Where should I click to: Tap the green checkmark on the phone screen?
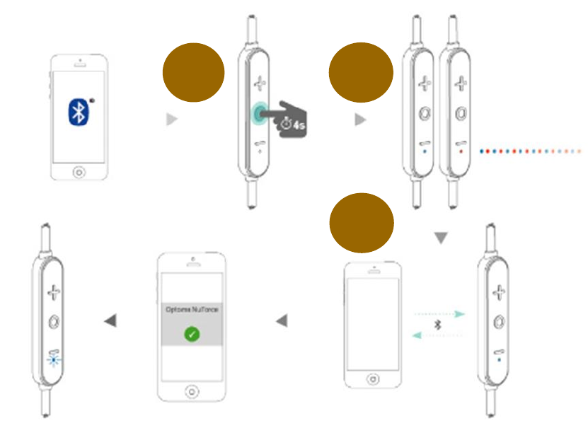tap(191, 334)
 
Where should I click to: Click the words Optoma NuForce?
tap(191, 310)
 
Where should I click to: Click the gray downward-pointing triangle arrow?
tap(441, 239)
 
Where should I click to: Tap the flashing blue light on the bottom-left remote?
tap(54, 358)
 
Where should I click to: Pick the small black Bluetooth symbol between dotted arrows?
tap(438, 324)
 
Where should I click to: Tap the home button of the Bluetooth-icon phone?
tap(79, 170)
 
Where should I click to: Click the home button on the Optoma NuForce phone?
tap(191, 391)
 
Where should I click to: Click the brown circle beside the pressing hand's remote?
tap(193, 72)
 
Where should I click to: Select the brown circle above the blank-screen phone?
tap(361, 223)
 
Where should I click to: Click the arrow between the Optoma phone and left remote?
tap(110, 321)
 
